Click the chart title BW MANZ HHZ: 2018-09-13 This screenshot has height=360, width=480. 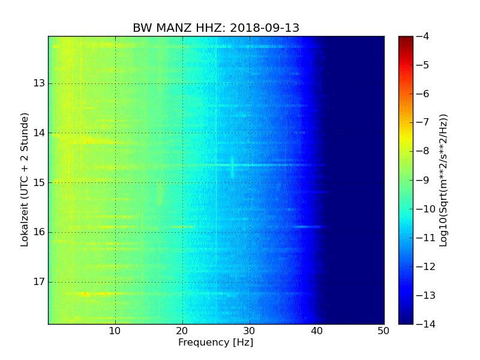216,28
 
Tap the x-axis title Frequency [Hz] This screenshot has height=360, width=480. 215,343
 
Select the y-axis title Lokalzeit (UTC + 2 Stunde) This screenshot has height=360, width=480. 25,180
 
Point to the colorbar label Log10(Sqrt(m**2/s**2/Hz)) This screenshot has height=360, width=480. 443,180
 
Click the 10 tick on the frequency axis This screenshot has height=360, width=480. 115,331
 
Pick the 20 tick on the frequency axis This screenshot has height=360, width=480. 182,331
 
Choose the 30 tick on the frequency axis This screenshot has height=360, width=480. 250,331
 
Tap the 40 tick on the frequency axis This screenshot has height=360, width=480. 317,331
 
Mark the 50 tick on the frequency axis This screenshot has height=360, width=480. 383,331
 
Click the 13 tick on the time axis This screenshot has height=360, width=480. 39,83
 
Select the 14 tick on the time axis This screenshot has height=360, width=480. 39,133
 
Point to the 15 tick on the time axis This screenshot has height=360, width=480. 39,182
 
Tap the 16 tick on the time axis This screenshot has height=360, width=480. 39,232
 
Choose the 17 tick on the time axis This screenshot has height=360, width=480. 39,282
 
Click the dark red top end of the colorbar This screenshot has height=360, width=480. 406,39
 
